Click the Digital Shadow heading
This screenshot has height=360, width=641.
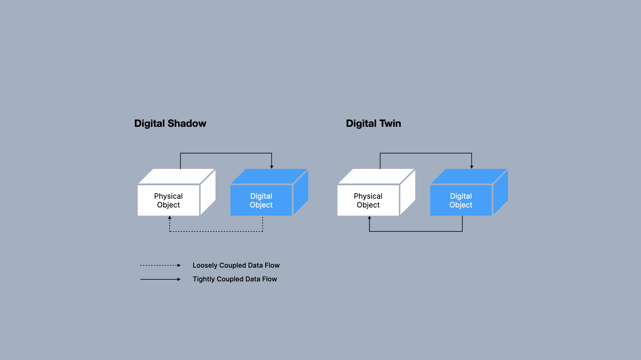[x=170, y=123]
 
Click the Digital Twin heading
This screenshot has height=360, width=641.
[x=373, y=123]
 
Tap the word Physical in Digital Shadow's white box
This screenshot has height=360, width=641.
[x=168, y=196]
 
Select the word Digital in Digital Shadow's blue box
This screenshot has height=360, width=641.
[x=261, y=196]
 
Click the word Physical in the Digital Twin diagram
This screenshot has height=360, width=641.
[x=368, y=196]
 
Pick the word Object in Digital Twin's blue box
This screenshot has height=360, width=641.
[x=461, y=205]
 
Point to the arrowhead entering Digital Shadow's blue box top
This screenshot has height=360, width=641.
[x=272, y=167]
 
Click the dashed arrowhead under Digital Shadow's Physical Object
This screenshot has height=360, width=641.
[x=170, y=218]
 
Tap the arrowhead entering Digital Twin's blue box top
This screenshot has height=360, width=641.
[x=472, y=167]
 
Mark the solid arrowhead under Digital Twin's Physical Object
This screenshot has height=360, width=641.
[x=369, y=218]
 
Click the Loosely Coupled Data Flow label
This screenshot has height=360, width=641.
[x=236, y=265]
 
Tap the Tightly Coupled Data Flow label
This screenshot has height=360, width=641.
[x=235, y=279]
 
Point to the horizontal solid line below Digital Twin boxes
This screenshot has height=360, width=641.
[x=416, y=231]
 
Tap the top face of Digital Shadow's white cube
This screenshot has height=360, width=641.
[x=176, y=176]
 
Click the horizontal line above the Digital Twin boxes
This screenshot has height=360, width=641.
[x=426, y=153]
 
